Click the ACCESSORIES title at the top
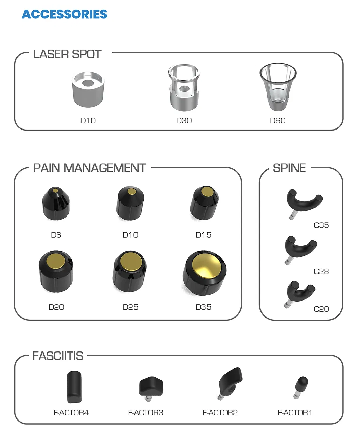coord(65,14)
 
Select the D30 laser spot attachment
coord(184,88)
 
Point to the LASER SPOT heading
coord(67,54)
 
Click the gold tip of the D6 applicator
coord(55,190)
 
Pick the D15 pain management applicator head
coord(204,203)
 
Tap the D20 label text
coord(56,307)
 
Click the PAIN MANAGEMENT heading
coord(90,168)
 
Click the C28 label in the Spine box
coord(321,272)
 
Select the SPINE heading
coord(289,168)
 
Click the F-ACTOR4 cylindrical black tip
coord(74,387)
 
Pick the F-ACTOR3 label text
coord(146,413)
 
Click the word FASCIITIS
coord(58,356)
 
